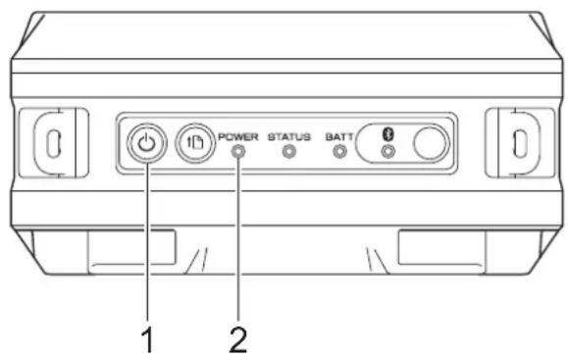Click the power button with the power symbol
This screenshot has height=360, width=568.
pos(147,143)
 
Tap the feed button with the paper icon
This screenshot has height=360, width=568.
pos(195,143)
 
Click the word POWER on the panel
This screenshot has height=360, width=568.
pos(238,137)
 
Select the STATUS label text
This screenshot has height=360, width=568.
pos(289,137)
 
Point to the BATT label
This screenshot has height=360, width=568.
pos(339,137)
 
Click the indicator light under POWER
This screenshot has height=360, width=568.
pos(238,152)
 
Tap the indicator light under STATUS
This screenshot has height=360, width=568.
pos(289,152)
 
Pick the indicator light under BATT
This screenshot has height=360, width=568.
pos(339,152)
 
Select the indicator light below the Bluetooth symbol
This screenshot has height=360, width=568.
pos(388,151)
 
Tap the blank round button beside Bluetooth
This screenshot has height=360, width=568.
pos(430,143)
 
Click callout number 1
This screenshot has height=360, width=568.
pos(147,339)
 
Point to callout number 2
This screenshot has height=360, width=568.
pos(238,339)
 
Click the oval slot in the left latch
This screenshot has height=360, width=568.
pos(54,143)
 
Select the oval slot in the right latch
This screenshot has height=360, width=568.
pos(520,143)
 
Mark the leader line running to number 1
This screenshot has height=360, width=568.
pos(147,241)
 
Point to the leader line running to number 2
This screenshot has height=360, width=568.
pos(238,238)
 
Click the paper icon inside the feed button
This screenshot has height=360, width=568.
pos(195,142)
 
